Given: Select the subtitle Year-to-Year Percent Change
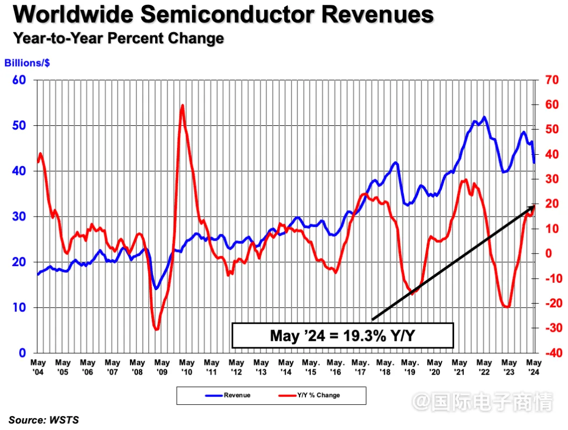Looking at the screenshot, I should pos(118,39).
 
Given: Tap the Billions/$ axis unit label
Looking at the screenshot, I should pos(27,63).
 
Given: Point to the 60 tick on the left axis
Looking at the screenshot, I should pos(19,80).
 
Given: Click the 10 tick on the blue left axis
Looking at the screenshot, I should pos(19,307).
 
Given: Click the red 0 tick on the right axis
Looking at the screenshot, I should pos(549,253).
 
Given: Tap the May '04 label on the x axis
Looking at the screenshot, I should pos(38,367).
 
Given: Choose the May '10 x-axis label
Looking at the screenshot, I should pos(187,367).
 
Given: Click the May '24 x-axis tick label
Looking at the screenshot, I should pos(534,367).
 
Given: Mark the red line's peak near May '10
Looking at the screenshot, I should pos(183,105).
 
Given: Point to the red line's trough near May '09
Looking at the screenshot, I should pos(156,329).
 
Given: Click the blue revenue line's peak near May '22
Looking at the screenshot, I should pos(485,117).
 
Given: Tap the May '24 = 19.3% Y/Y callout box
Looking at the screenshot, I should pos(343,336).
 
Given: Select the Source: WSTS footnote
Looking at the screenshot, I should pos(43,420).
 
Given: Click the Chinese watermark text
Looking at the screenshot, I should pos(486,402).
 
